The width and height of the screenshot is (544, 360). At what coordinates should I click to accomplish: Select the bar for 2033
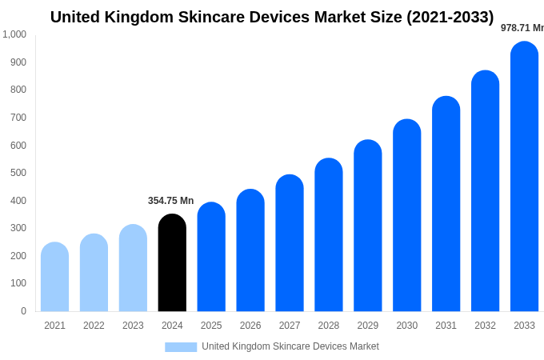[524, 176]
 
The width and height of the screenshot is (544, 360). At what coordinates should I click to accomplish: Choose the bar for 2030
[406, 215]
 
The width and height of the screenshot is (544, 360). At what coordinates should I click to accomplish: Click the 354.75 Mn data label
[170, 201]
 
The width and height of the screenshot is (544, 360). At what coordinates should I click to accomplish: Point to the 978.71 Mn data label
[522, 28]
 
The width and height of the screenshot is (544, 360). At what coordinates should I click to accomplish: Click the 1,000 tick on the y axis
[14, 34]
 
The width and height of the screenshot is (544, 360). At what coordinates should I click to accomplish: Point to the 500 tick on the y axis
[18, 173]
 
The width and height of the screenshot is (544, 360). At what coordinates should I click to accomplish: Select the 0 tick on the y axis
[23, 311]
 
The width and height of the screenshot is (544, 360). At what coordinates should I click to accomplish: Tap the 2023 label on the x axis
[133, 326]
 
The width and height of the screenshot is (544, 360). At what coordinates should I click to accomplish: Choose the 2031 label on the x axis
[446, 326]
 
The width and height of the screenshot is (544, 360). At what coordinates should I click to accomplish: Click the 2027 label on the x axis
[290, 326]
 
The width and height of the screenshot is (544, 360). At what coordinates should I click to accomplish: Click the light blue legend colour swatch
[181, 346]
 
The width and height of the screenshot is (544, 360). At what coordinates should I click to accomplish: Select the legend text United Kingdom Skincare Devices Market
[290, 346]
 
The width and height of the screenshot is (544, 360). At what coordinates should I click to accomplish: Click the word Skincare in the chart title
[215, 17]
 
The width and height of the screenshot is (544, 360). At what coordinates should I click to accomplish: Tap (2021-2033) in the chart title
[450, 17]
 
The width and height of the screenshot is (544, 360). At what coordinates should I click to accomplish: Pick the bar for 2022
[94, 273]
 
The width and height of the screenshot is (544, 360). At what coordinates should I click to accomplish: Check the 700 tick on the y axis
[18, 118]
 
